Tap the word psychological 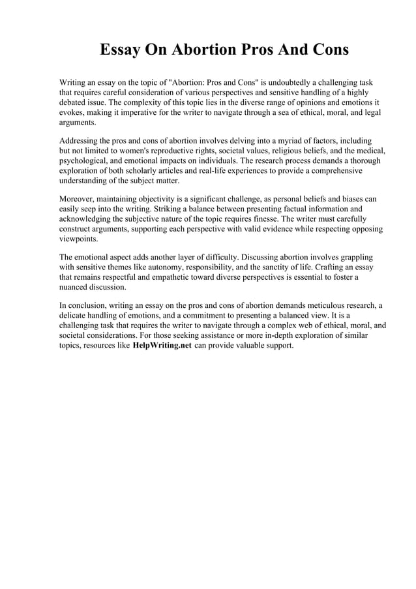(x=83, y=160)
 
